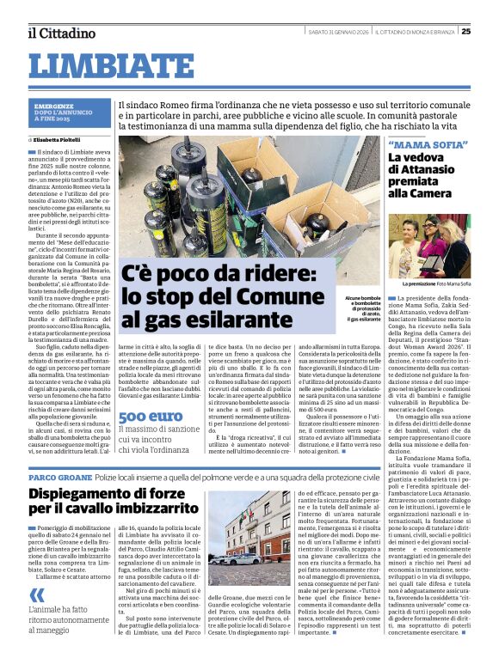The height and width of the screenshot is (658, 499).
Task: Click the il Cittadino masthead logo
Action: coord(59,33)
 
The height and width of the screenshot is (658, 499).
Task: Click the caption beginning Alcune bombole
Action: coord(362,306)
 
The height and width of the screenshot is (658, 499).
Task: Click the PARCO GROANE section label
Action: coord(59,476)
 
